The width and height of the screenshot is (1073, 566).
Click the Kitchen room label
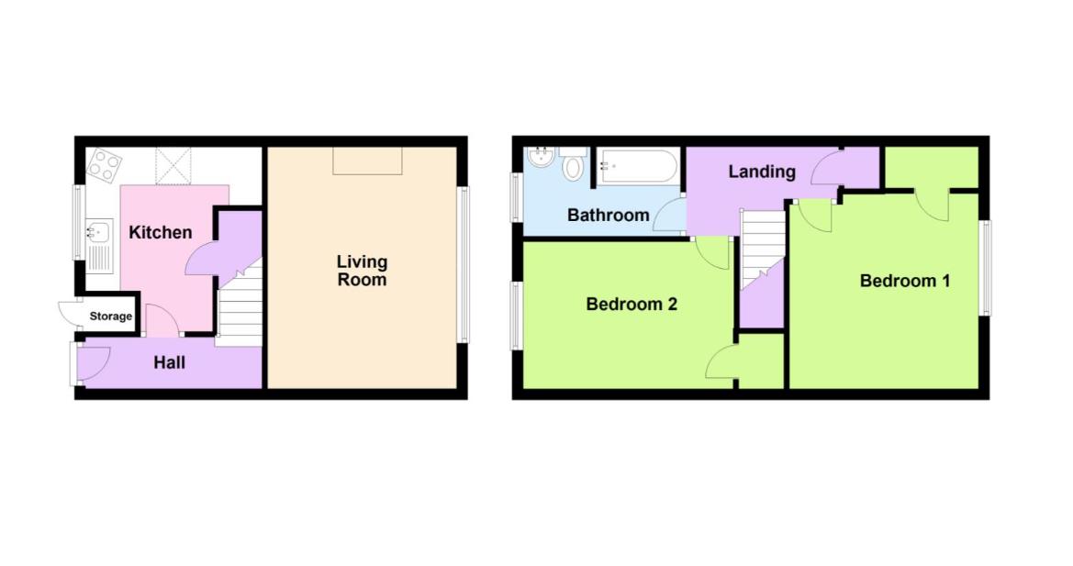pos(160,232)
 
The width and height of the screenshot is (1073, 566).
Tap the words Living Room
pos(362,271)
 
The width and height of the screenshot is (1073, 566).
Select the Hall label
pos(169,362)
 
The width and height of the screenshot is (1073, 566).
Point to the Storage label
pos(111,316)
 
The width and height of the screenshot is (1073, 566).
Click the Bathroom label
pos(609,216)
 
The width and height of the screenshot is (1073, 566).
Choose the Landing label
pos(762,172)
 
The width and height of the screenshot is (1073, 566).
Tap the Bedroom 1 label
pos(905,281)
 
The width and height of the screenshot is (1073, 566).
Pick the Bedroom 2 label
pos(632,305)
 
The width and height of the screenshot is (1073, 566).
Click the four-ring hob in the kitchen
pos(105,165)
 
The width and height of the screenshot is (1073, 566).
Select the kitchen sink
pos(99,245)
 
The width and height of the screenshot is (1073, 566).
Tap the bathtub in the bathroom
pos(639,167)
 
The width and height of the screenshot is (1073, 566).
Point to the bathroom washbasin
pos(541,157)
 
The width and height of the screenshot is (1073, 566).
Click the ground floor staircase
pos(240,305)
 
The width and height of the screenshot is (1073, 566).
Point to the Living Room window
pos(464,264)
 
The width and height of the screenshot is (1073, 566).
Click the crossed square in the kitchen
pos(173,166)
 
